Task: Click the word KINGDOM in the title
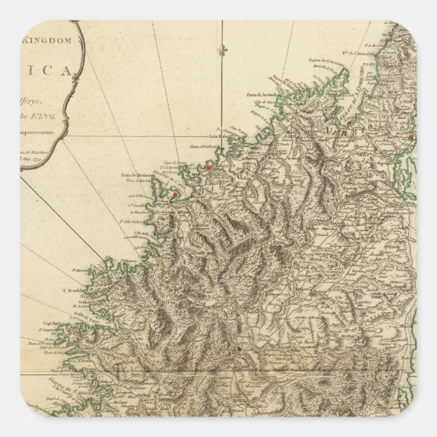point(48,41)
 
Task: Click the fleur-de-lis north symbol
point(219,51)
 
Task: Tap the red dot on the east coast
point(411,138)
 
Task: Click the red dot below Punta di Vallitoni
point(210,167)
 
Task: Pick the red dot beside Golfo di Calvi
point(174,195)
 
